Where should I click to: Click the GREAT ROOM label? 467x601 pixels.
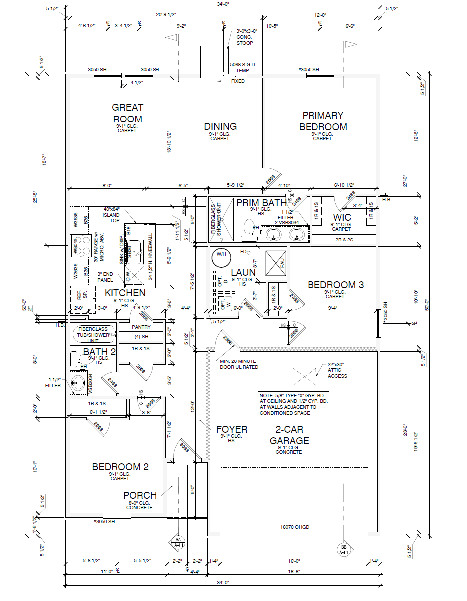(127, 113)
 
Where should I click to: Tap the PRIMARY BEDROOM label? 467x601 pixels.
(322, 121)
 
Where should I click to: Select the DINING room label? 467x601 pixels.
(220, 126)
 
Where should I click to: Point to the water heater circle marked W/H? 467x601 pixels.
(221, 256)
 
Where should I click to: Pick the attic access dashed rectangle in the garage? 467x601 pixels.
(304, 376)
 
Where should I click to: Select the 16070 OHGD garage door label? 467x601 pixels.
(295, 527)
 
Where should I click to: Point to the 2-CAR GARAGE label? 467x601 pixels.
(289, 435)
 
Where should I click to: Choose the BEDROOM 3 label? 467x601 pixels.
(335, 285)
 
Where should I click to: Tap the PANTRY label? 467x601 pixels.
(141, 327)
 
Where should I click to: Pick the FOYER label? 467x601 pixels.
(231, 429)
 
